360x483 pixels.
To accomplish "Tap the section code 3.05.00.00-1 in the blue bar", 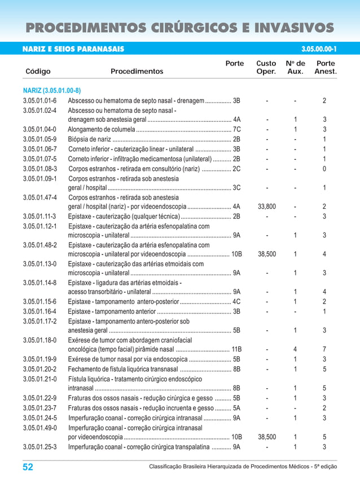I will click(x=319, y=49).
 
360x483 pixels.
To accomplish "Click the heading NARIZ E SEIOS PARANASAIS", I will click(x=73, y=49).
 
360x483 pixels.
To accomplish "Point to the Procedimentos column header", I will click(x=137, y=72).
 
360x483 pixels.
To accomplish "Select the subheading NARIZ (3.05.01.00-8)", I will click(x=52, y=90).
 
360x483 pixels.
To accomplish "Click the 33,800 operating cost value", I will click(x=267, y=207).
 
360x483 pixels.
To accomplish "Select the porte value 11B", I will click(x=236, y=349).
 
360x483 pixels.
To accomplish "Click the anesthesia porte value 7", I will click(x=324, y=349).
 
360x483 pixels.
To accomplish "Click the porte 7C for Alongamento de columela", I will click(x=237, y=129).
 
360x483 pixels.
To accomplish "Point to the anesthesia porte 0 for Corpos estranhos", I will click(x=324, y=168).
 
